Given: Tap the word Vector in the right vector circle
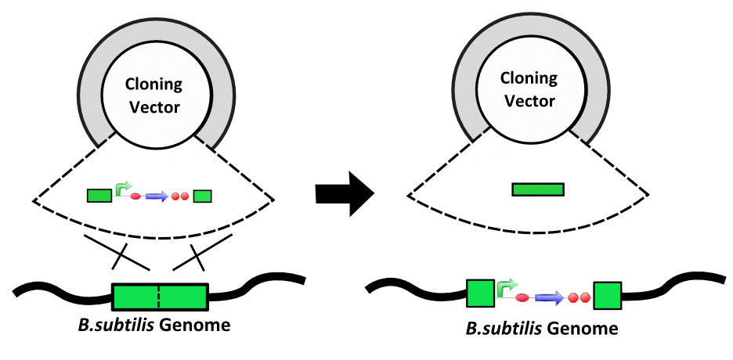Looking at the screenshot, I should pos(529,101).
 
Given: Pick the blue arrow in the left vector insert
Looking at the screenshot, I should pos(157,196).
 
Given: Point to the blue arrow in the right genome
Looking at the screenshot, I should pos(549,297).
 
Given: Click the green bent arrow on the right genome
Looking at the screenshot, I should pos(506,286).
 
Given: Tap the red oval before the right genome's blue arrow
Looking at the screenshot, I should pos(522,298).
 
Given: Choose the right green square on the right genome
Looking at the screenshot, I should pos(607,296).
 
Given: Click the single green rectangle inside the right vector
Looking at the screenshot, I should pos(538,189).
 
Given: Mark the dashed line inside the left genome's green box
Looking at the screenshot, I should pos(160,297).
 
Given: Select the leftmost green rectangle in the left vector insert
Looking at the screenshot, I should pos(99,196).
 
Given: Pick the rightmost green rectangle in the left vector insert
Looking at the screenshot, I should pos(203,196).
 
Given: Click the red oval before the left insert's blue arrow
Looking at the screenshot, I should pos(134,196).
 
